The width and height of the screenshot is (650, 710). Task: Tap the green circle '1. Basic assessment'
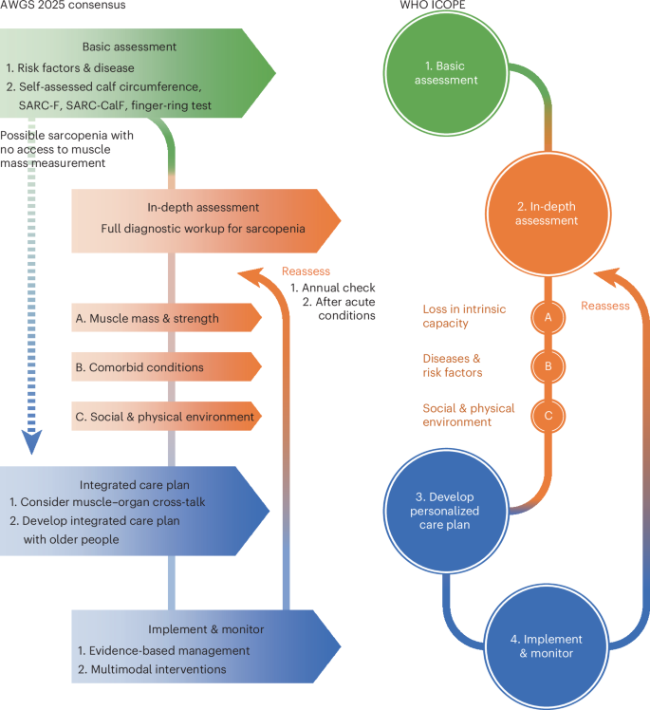click(x=445, y=73)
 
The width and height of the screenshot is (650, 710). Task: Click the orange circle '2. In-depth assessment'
click(x=547, y=214)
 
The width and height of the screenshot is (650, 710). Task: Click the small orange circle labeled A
click(x=547, y=318)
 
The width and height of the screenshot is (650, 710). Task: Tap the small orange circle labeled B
click(x=547, y=365)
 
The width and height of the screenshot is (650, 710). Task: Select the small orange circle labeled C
click(x=547, y=414)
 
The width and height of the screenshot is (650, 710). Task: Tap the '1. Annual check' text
click(x=333, y=288)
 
